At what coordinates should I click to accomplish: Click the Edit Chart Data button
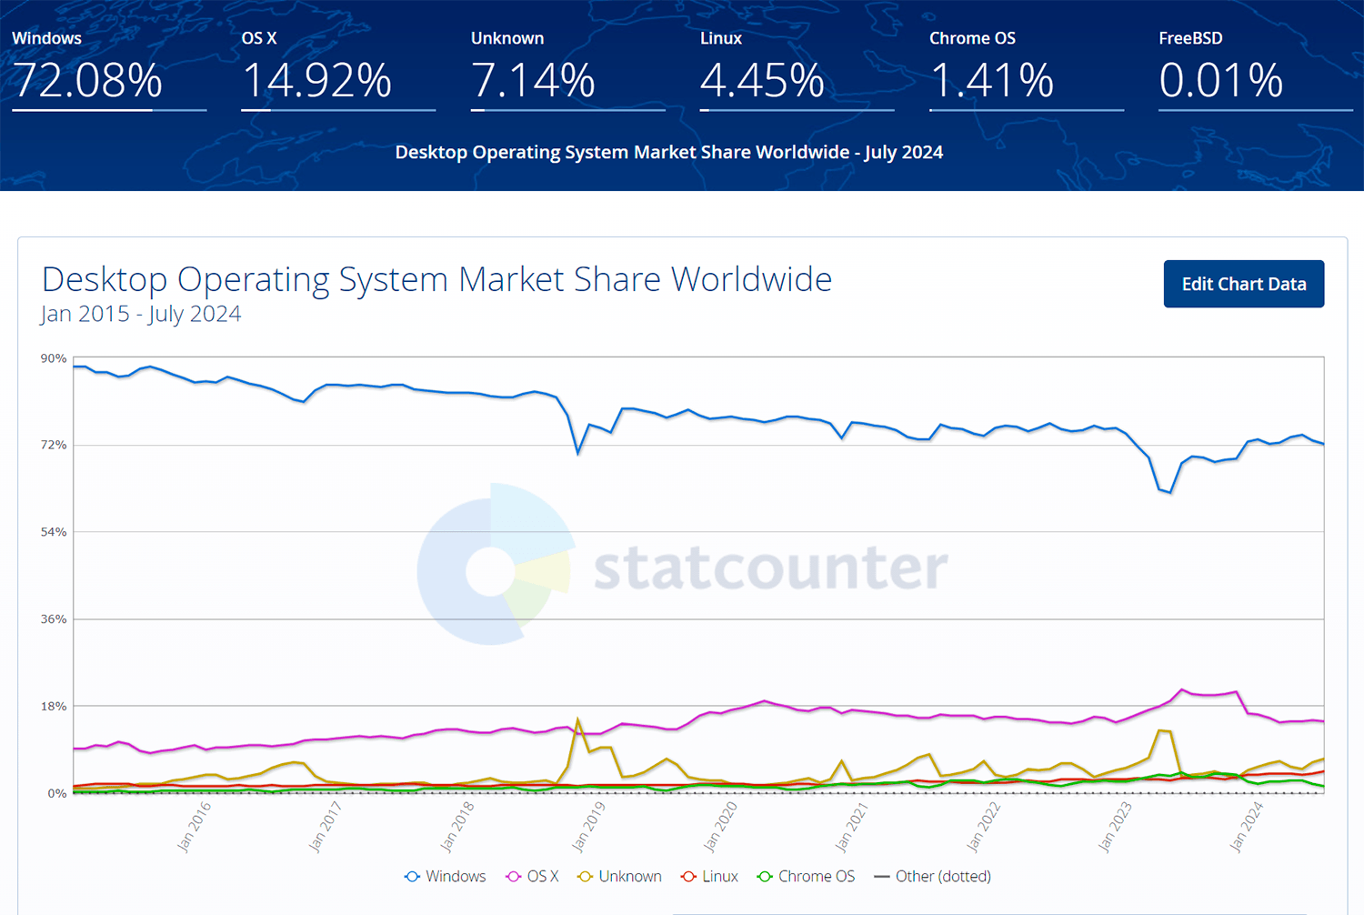(x=1243, y=284)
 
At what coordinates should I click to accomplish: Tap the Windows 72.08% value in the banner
(x=87, y=80)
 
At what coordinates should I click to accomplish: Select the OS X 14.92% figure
(x=316, y=80)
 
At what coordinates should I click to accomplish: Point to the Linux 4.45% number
(x=762, y=80)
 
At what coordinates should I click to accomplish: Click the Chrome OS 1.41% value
(x=991, y=80)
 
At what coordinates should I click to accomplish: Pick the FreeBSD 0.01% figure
(x=1220, y=80)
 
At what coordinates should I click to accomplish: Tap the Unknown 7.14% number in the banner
(x=533, y=80)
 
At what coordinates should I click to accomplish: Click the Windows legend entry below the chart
(x=446, y=876)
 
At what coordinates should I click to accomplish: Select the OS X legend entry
(x=533, y=876)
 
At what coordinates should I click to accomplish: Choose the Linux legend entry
(x=710, y=876)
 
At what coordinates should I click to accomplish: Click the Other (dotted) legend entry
(x=933, y=876)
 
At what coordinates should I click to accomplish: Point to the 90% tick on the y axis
(x=54, y=358)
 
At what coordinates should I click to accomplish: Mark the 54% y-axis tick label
(x=54, y=532)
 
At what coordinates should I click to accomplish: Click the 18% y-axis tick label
(x=54, y=706)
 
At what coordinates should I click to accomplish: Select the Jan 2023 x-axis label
(x=1116, y=826)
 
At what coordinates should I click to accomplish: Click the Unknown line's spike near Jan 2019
(x=577, y=721)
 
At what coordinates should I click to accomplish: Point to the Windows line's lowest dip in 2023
(x=1170, y=492)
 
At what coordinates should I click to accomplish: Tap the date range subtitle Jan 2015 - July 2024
(x=141, y=314)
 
